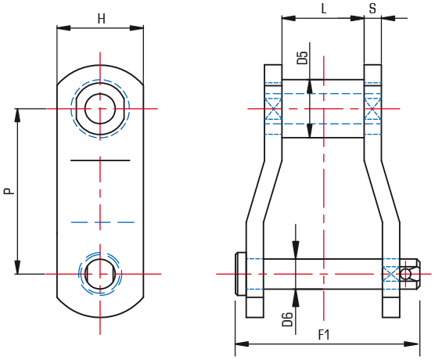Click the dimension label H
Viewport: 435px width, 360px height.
click(x=102, y=19)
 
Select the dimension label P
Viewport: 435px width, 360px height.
click(x=9, y=191)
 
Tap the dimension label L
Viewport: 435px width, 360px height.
click(x=323, y=9)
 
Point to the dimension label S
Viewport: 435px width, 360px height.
click(x=372, y=9)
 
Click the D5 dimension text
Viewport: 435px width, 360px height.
click(x=303, y=58)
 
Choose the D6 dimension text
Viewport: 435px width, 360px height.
click(x=287, y=319)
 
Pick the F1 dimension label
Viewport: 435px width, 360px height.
click(x=323, y=335)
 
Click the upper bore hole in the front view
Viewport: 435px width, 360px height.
click(x=100, y=109)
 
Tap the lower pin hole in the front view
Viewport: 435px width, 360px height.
click(x=100, y=274)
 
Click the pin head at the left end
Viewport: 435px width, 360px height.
click(x=240, y=274)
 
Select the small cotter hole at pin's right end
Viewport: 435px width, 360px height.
click(x=405, y=274)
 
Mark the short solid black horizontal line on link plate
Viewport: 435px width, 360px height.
click(x=100, y=160)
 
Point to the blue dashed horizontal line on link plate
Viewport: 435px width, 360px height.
click(x=102, y=222)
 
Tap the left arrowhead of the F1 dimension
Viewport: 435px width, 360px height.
click(x=242, y=344)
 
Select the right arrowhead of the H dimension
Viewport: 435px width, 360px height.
click(x=137, y=27)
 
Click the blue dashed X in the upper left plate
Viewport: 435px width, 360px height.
click(x=273, y=109)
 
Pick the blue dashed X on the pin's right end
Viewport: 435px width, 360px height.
click(x=391, y=274)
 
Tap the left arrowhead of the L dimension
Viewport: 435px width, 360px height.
click(x=289, y=18)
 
